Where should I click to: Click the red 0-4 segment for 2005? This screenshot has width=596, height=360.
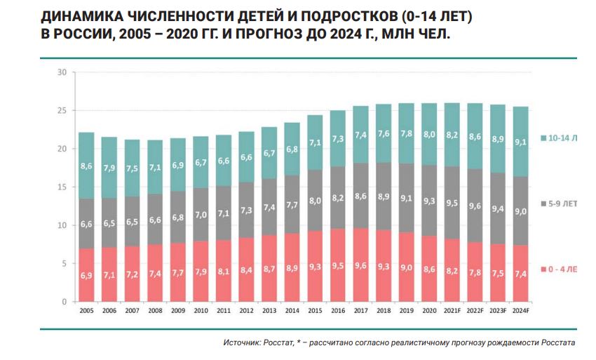click(86, 275)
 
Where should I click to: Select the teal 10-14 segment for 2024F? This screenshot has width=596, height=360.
click(520, 140)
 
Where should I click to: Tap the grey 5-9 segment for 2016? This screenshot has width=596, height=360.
click(337, 198)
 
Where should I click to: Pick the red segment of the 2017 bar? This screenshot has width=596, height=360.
click(360, 265)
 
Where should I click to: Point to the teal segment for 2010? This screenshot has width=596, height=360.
click(201, 162)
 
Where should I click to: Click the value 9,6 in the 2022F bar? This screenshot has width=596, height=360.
click(475, 206)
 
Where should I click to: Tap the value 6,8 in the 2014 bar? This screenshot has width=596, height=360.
click(292, 149)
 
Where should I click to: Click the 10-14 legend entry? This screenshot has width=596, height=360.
click(562, 138)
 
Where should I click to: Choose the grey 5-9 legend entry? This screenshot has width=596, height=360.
click(562, 204)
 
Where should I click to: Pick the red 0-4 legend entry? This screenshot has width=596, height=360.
click(562, 269)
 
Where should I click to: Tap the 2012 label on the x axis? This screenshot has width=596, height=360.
click(246, 309)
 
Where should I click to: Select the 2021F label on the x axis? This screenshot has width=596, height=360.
click(452, 309)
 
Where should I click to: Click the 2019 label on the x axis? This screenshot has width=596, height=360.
click(406, 309)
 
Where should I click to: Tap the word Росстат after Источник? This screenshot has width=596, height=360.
click(281, 343)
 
